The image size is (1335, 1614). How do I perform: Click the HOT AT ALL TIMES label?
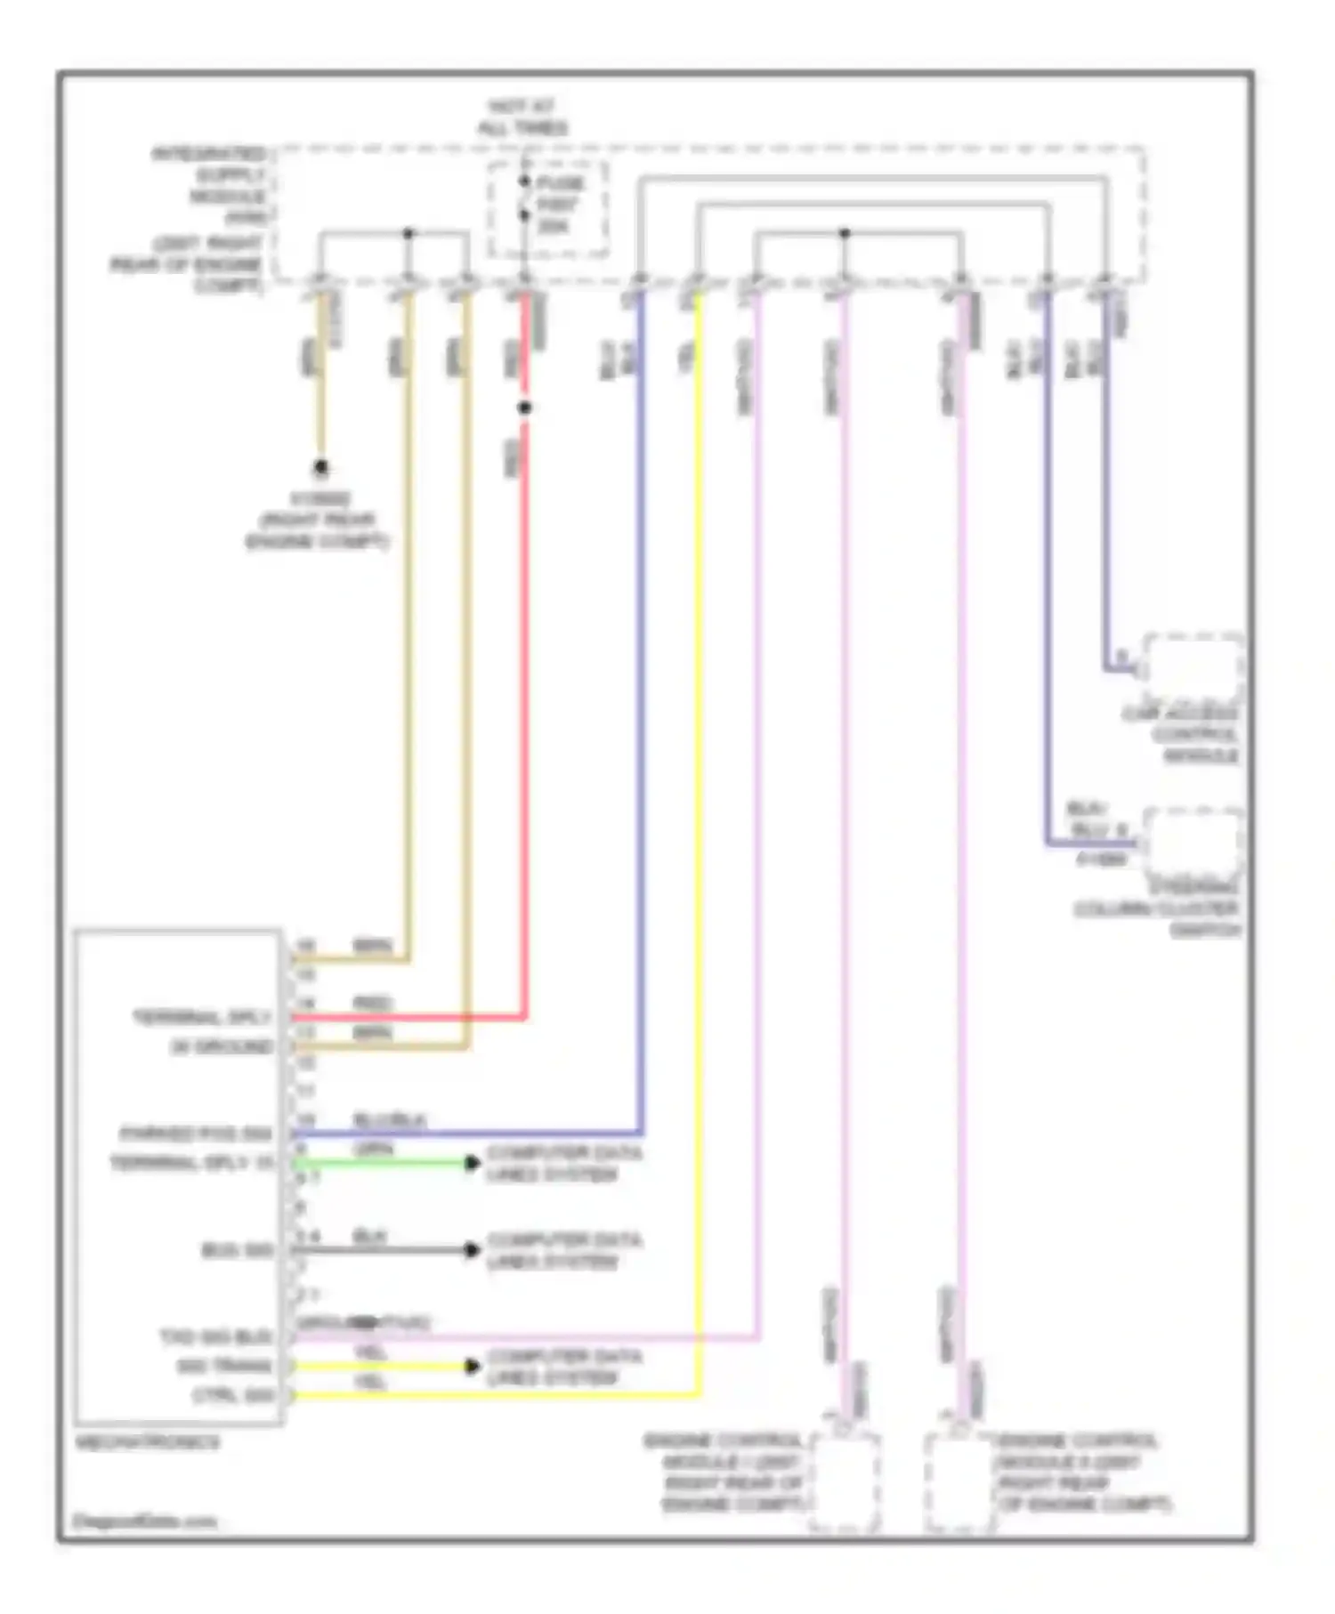point(522,117)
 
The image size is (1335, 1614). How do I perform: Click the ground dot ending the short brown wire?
point(320,467)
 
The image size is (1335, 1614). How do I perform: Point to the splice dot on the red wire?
point(525,408)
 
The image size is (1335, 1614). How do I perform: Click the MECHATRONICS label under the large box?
point(147,1442)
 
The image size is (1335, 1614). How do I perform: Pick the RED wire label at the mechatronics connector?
point(372,1004)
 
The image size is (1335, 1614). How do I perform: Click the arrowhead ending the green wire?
point(473,1163)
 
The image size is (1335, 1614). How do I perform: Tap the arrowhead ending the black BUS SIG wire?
point(473,1250)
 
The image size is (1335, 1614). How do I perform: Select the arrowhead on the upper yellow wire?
point(473,1366)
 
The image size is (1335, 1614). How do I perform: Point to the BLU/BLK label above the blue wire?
point(390,1120)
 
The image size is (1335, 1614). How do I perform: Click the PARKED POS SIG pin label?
point(196,1134)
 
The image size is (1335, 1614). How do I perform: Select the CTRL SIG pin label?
point(234,1395)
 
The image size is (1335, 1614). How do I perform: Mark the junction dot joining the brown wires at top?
point(408,233)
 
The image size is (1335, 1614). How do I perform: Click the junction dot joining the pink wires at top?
point(844,233)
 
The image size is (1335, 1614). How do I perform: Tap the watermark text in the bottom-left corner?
point(144,1521)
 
